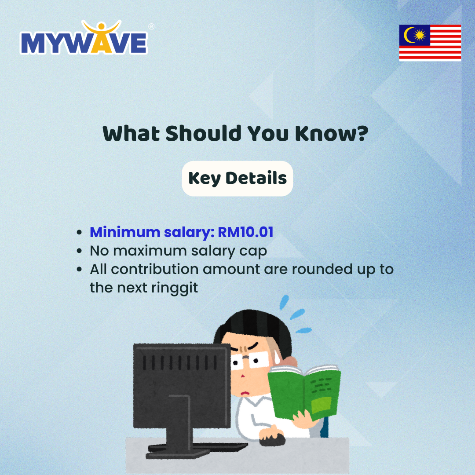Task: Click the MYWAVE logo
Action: (x=84, y=37)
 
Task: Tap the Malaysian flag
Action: (x=430, y=43)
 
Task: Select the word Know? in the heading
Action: (x=332, y=134)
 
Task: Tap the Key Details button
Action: (x=237, y=179)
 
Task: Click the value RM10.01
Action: (x=245, y=232)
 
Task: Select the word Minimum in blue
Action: (x=125, y=232)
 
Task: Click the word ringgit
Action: (x=175, y=288)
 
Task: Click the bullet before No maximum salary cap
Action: (x=79, y=251)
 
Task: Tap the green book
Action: (x=304, y=392)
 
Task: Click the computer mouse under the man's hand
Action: (x=272, y=439)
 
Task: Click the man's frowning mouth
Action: (x=245, y=394)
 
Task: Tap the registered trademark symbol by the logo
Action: (x=151, y=27)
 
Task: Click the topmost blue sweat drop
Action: (x=284, y=302)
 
